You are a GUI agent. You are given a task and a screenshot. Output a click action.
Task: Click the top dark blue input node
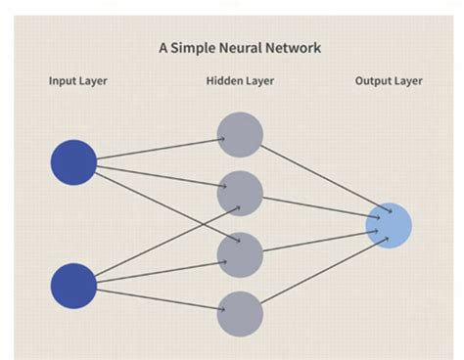click(73, 162)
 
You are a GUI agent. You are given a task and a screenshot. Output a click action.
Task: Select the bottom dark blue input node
click(73, 286)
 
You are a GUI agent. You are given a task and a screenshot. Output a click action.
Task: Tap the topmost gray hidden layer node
click(240, 135)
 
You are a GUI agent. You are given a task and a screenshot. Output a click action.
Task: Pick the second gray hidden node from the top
click(240, 194)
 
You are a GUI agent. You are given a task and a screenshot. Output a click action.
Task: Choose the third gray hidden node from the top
click(240, 254)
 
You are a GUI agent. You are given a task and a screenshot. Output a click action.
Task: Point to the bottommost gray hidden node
click(240, 314)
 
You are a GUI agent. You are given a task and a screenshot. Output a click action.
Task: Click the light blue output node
click(389, 225)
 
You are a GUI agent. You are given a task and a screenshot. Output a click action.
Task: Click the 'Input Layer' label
click(78, 81)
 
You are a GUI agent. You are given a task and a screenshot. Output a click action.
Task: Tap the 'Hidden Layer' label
click(239, 81)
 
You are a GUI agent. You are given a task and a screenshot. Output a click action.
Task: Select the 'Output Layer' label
click(389, 81)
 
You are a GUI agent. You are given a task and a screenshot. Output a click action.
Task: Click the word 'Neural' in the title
click(239, 47)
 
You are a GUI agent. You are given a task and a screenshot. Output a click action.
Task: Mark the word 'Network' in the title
click(292, 47)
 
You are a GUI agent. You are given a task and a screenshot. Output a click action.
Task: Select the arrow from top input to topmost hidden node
click(157, 150)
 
